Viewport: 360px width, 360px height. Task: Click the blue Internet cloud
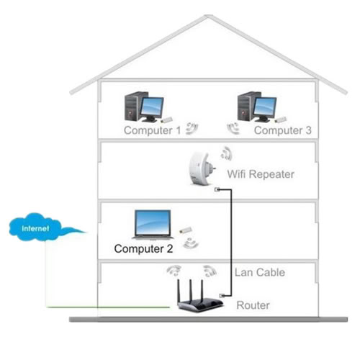point(36,227)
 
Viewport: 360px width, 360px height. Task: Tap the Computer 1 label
point(152,130)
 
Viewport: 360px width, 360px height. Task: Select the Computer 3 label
point(283,130)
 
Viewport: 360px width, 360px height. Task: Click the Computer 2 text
point(143,248)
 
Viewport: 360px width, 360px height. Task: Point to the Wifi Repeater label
point(261,174)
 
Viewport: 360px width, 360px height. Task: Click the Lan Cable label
point(260,272)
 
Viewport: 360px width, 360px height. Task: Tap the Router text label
point(253,305)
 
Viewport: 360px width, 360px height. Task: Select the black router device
point(199,297)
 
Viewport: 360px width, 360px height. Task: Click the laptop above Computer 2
point(153,225)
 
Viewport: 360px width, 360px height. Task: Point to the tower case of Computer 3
point(246,106)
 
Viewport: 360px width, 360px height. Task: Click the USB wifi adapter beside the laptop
point(186,230)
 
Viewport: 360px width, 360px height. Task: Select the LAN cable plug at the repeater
point(217,189)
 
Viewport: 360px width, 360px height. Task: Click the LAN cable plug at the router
point(222,296)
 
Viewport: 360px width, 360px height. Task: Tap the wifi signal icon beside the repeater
point(227,153)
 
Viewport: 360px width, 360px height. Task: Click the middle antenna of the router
point(191,290)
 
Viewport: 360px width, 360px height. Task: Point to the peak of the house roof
point(207,16)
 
